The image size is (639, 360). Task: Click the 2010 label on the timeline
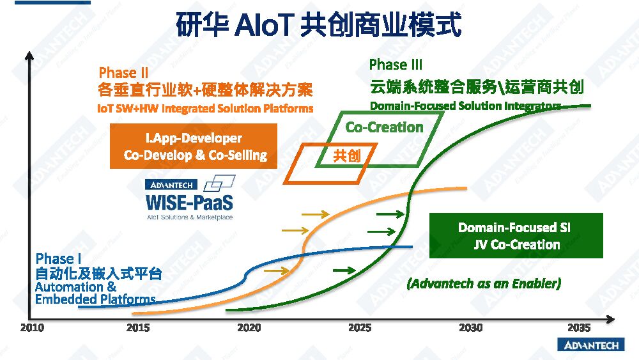(32, 328)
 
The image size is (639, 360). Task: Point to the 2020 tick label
(249, 328)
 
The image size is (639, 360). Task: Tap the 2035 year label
(579, 328)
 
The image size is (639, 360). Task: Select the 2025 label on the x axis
(360, 328)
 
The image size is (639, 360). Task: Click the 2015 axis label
(138, 328)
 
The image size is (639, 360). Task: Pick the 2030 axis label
(471, 328)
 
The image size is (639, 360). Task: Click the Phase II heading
(123, 72)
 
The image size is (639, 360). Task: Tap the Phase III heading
(396, 65)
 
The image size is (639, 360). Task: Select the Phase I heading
(58, 258)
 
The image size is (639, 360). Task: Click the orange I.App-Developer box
(194, 146)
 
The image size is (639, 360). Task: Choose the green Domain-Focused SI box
(516, 236)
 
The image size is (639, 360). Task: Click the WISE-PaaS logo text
(190, 202)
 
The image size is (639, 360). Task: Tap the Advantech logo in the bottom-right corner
(591, 345)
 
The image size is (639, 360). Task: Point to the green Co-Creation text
(384, 127)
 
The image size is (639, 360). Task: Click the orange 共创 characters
(347, 155)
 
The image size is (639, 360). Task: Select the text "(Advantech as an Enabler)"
(484, 283)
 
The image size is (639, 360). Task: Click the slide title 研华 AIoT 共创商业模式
(319, 24)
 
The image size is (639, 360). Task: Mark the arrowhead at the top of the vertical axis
(29, 55)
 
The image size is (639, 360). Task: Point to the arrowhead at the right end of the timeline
(610, 319)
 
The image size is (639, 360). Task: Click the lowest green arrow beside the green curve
(344, 270)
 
